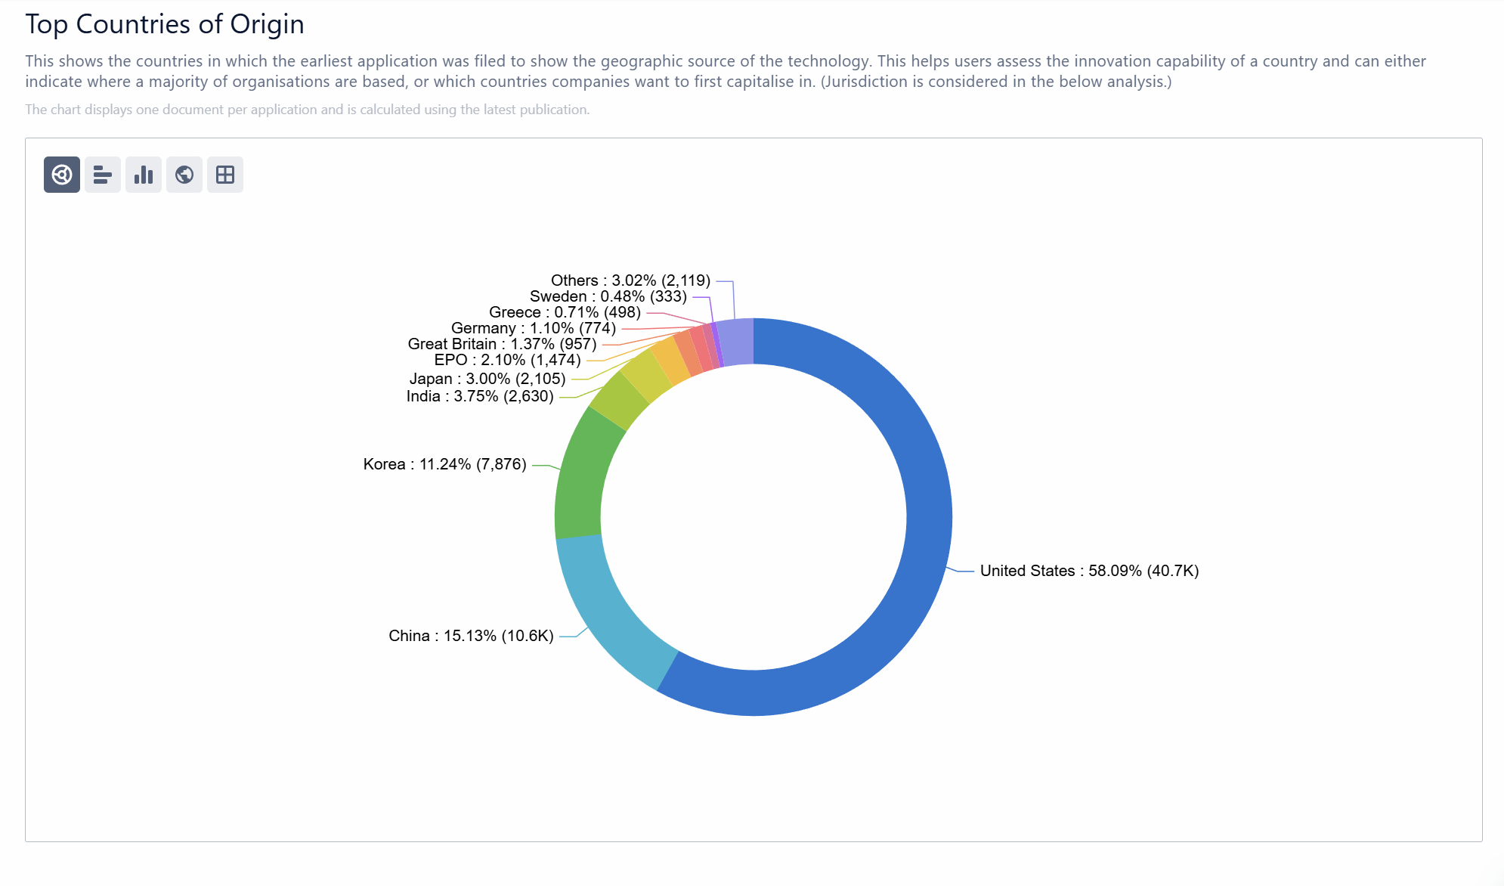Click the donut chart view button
click(62, 175)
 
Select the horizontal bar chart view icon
click(103, 175)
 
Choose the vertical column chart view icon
click(144, 175)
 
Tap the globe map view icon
click(184, 175)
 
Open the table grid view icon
click(225, 175)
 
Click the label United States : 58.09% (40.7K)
click(1089, 571)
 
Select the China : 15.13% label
click(471, 636)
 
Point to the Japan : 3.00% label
click(487, 379)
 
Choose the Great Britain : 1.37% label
click(502, 344)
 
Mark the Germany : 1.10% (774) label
click(533, 328)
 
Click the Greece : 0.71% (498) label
click(565, 312)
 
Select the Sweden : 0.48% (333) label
click(608, 296)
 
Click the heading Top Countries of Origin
click(165, 24)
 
